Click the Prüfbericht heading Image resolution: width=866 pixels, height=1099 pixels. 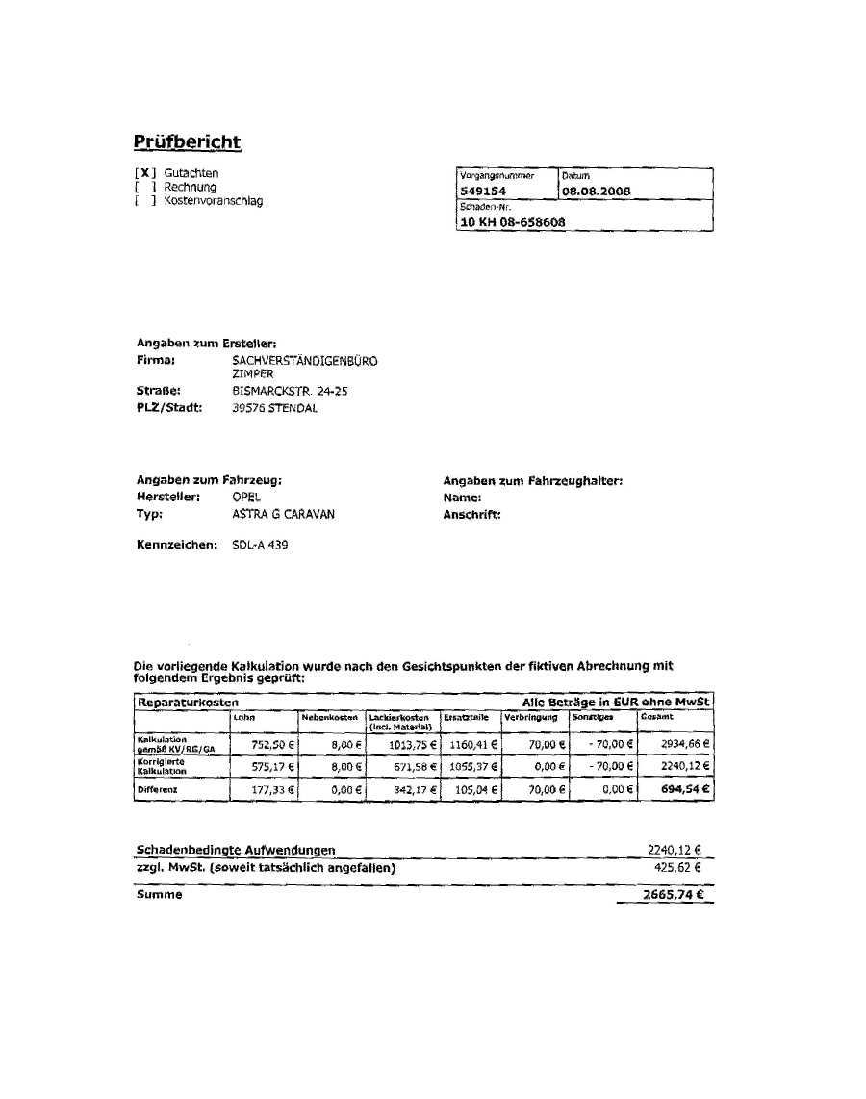187,142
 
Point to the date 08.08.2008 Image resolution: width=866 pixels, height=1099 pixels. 597,192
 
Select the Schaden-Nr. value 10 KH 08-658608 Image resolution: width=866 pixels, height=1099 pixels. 513,222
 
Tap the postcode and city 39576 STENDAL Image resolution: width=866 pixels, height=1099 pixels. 275,408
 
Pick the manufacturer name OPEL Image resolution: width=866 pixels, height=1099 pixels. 246,498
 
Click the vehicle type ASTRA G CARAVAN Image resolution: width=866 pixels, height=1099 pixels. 284,515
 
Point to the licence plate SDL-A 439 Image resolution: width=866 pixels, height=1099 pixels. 260,546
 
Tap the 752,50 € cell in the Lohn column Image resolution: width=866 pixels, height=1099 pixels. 273,744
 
